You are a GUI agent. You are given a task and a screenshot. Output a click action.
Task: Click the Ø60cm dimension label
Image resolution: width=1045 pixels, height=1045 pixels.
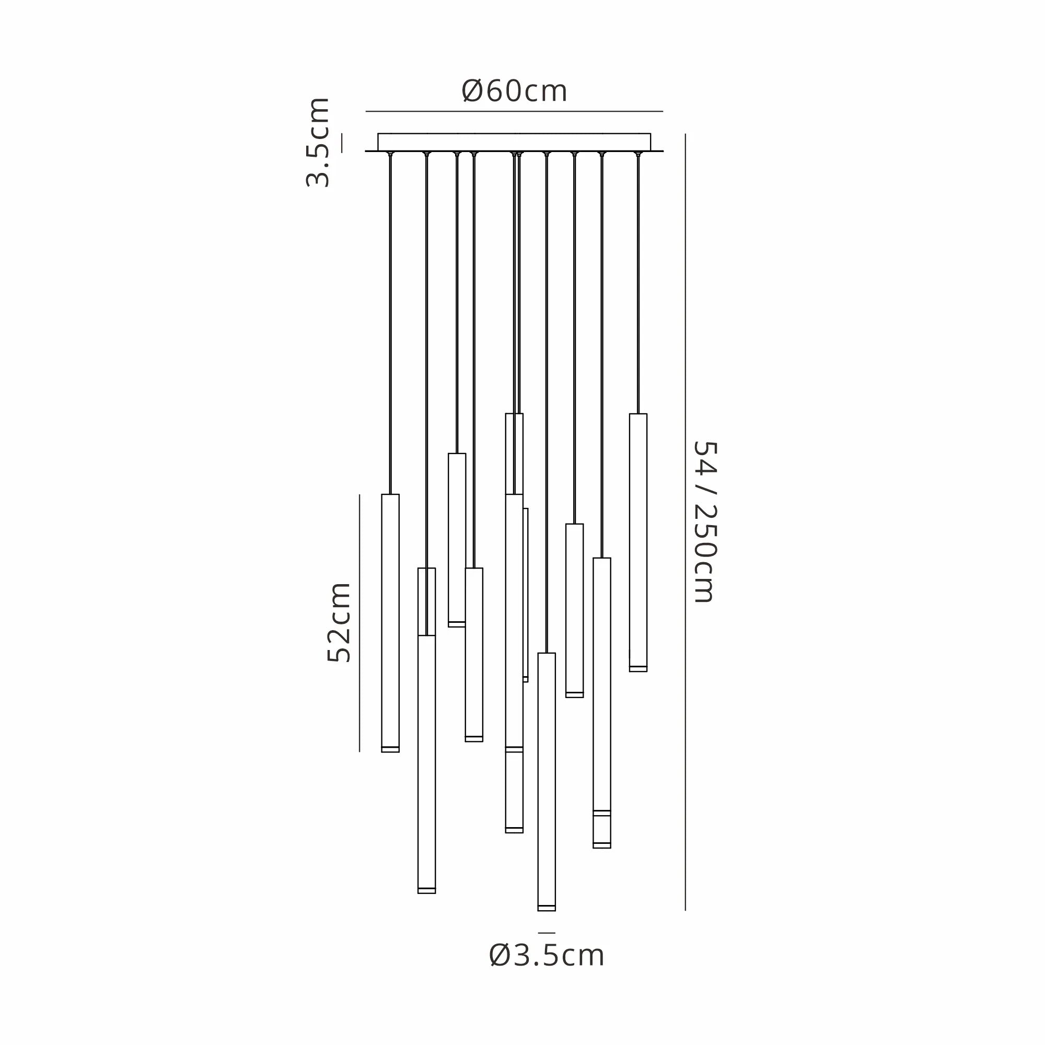pyautogui.click(x=514, y=91)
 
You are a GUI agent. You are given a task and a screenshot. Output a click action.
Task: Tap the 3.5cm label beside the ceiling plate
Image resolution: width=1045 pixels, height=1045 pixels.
pyautogui.click(x=318, y=142)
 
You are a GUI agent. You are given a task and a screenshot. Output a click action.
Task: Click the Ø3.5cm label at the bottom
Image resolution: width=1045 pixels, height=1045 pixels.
pyautogui.click(x=547, y=955)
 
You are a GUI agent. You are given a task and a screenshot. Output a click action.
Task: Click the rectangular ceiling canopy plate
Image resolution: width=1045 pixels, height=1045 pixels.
pyautogui.click(x=514, y=142)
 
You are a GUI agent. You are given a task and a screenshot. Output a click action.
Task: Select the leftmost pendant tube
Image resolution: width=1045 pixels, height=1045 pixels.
pyautogui.click(x=390, y=623)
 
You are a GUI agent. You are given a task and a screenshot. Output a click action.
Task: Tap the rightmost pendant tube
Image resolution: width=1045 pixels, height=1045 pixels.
pyautogui.click(x=638, y=542)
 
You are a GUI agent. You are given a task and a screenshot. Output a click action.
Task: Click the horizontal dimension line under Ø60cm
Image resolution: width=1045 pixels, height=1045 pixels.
pyautogui.click(x=514, y=111)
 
